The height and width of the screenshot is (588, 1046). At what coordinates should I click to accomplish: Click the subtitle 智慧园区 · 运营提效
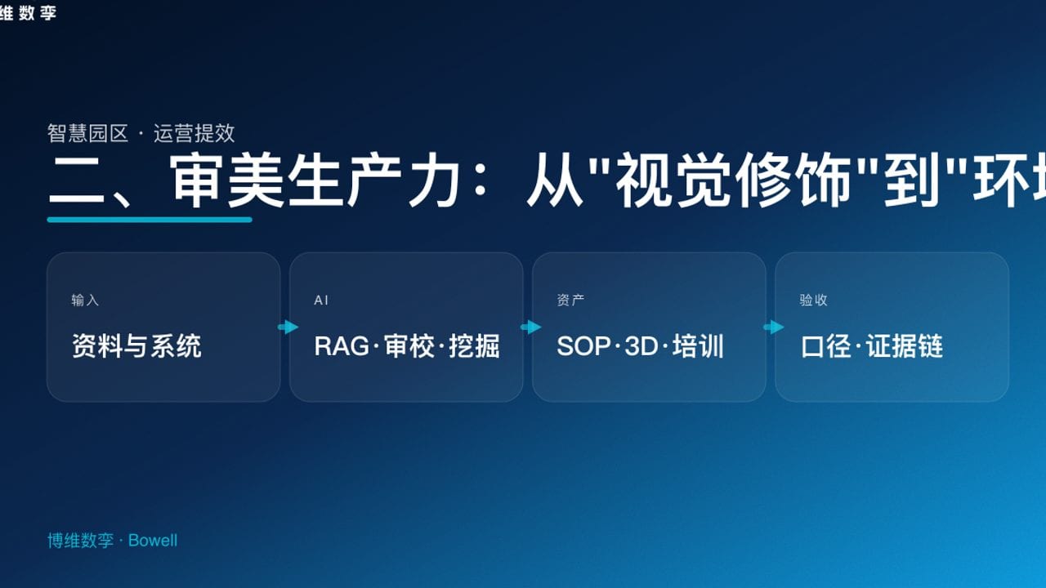(141, 133)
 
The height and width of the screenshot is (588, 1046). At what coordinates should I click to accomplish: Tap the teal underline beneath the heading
(150, 219)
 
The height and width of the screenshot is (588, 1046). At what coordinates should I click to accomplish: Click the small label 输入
(85, 301)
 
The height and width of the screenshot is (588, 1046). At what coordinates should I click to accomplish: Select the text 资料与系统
(136, 346)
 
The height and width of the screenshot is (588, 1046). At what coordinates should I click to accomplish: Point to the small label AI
(321, 301)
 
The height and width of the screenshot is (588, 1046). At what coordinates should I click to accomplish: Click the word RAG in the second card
(342, 346)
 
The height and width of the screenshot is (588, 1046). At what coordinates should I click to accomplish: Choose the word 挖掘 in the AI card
(474, 346)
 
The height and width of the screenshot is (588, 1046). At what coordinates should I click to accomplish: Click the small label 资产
(570, 301)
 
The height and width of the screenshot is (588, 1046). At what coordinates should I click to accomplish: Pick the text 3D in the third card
(641, 346)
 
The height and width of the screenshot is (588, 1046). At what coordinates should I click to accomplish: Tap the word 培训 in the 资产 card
(699, 346)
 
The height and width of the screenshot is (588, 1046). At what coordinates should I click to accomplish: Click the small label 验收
(813, 301)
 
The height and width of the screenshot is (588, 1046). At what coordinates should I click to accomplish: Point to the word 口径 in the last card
(826, 346)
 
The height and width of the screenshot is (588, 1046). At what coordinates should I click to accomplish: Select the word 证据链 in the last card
(905, 346)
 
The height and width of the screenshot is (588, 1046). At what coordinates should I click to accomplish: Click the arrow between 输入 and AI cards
(288, 327)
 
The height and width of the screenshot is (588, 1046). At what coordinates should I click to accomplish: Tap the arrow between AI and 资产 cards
(530, 327)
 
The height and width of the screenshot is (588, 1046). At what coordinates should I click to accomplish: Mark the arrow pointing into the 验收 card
(773, 327)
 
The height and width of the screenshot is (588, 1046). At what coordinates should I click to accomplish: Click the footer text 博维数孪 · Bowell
(112, 541)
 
